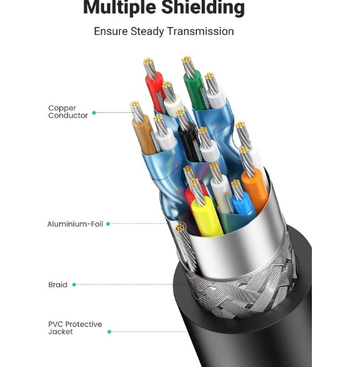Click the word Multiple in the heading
[x=120, y=7]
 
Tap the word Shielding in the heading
[x=203, y=7]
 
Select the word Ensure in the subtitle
[x=111, y=32]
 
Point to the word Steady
[x=147, y=32]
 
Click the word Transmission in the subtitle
[x=200, y=32]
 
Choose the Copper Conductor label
[x=68, y=112]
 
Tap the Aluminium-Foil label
[x=75, y=224]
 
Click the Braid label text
[x=58, y=284]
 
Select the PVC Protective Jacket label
[x=75, y=328]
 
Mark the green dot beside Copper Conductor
[x=94, y=113]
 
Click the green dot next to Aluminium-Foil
[x=108, y=224]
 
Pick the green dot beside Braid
[x=74, y=284]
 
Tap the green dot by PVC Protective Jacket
[x=109, y=331]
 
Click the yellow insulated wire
[x=206, y=217]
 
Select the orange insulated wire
[x=255, y=189]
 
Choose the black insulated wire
[x=188, y=142]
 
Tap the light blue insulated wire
[x=243, y=204]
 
